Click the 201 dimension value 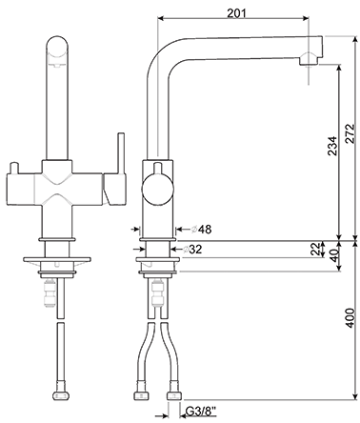pos(236,12)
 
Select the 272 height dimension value pos(350,133)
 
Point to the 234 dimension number pos(332,146)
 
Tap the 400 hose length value pos(350,317)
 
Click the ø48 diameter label pos(201,229)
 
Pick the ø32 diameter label pos(192,250)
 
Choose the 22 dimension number pos(314,250)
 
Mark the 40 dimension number pos(332,255)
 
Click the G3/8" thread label pos(201,412)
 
